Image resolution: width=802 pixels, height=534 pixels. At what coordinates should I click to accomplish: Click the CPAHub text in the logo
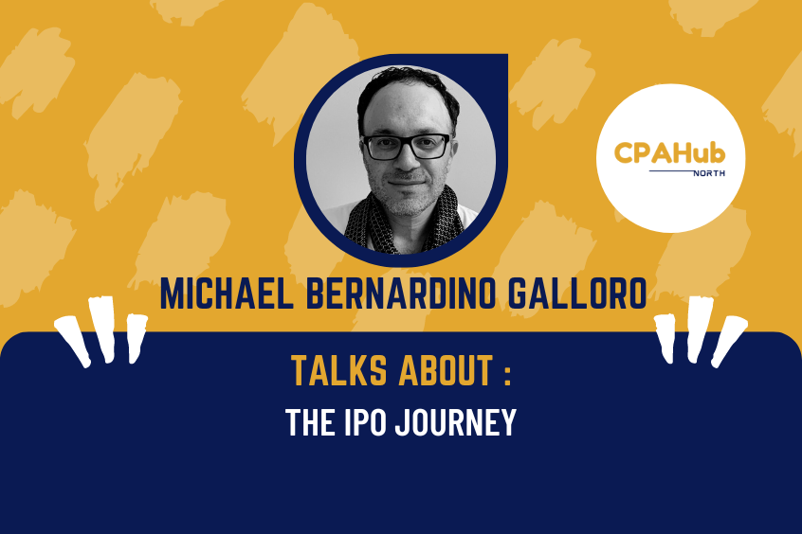click(670, 151)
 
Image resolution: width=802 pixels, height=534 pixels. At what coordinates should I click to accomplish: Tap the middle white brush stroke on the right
click(699, 325)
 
